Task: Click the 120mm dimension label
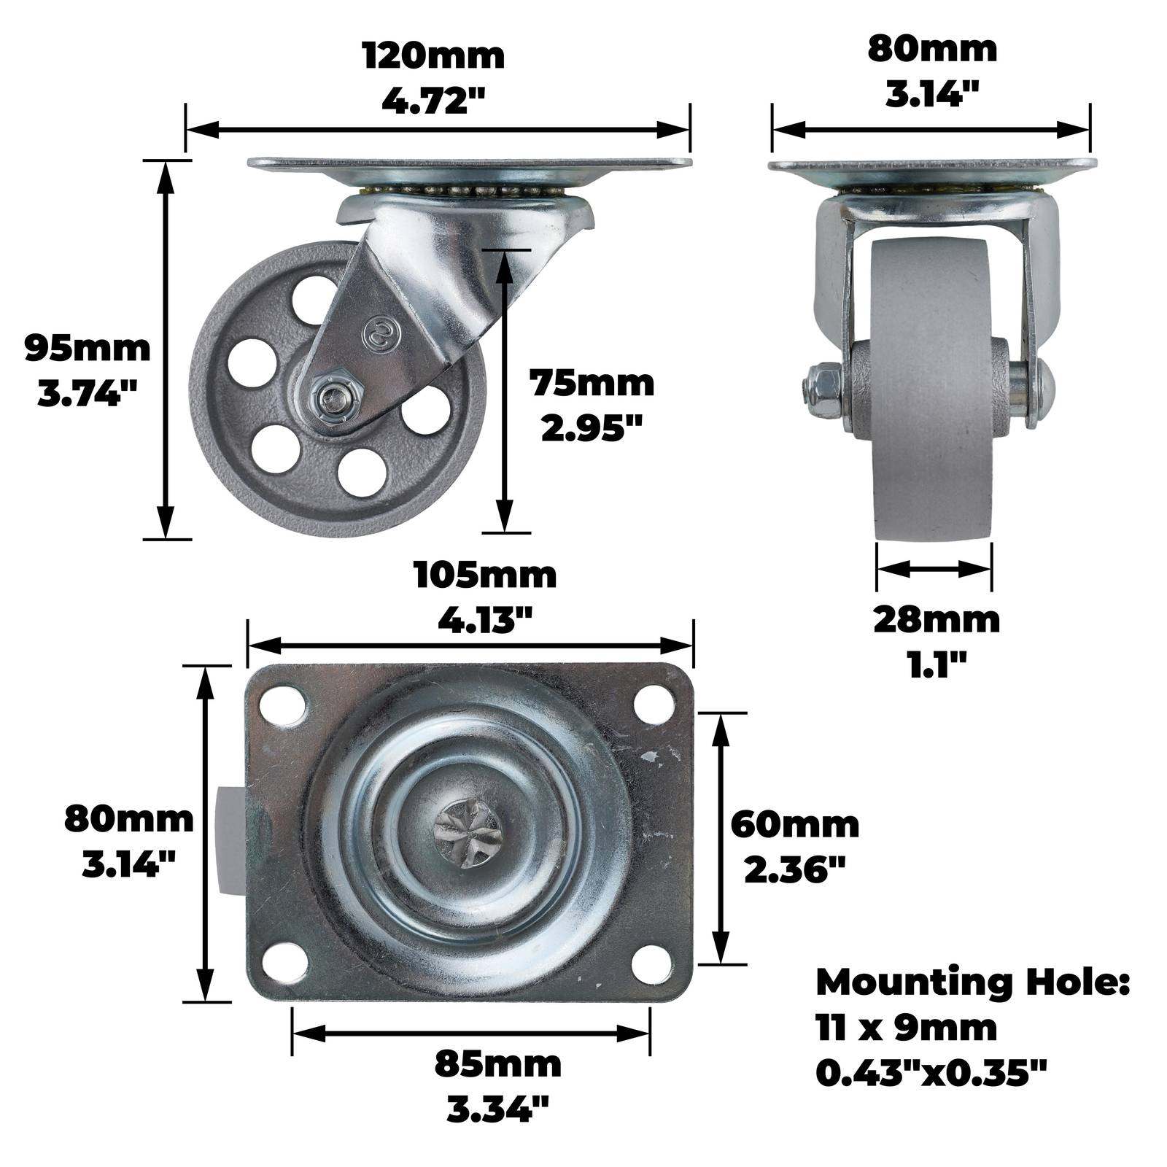[433, 56]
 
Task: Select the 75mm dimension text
[592, 384]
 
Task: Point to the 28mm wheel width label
[937, 620]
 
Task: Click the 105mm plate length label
[485, 575]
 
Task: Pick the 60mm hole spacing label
[795, 825]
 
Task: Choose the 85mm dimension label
[498, 1064]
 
